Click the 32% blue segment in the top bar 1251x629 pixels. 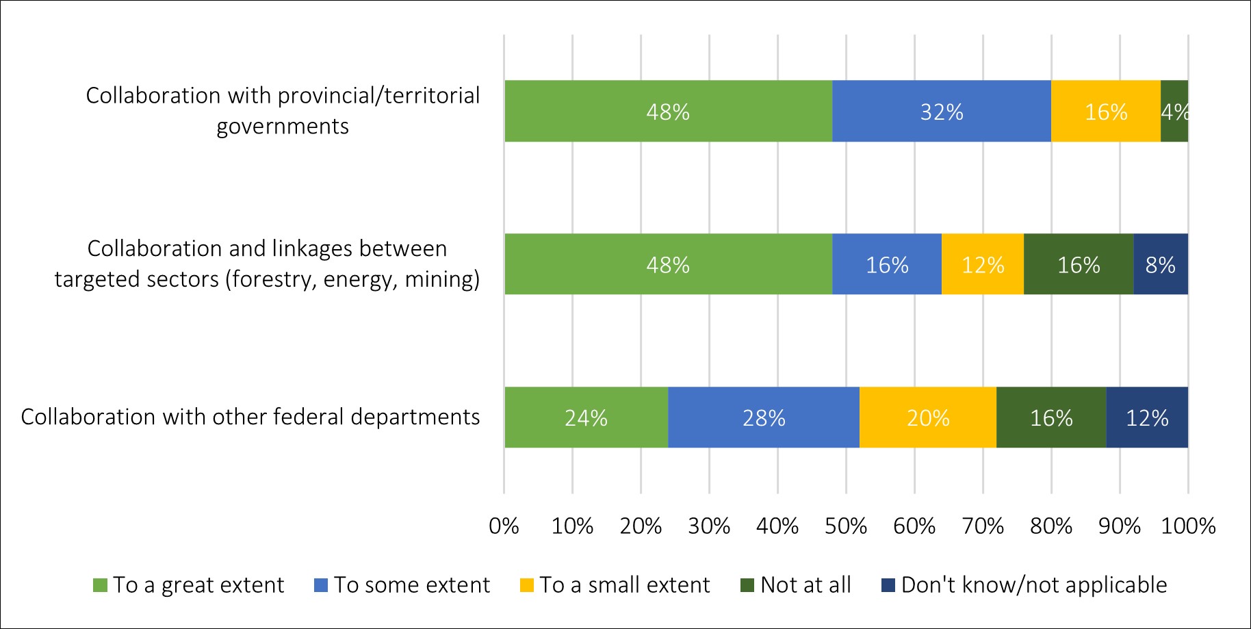(942, 112)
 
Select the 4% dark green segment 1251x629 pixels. (1174, 112)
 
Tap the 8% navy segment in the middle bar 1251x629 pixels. (1161, 265)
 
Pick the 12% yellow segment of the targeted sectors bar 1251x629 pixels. (983, 265)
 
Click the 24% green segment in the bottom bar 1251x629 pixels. (586, 418)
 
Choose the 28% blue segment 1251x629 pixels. (764, 418)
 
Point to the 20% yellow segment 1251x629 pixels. (928, 418)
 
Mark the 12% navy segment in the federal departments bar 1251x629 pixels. (1147, 418)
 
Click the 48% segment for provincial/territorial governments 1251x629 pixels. (668, 112)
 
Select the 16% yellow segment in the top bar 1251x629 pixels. (1106, 112)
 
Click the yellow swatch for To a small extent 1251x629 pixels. (527, 586)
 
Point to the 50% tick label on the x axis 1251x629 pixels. (846, 526)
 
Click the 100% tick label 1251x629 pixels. (1188, 526)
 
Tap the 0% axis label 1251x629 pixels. (504, 526)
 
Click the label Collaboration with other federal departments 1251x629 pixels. (250, 417)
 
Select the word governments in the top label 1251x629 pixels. (283, 127)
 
